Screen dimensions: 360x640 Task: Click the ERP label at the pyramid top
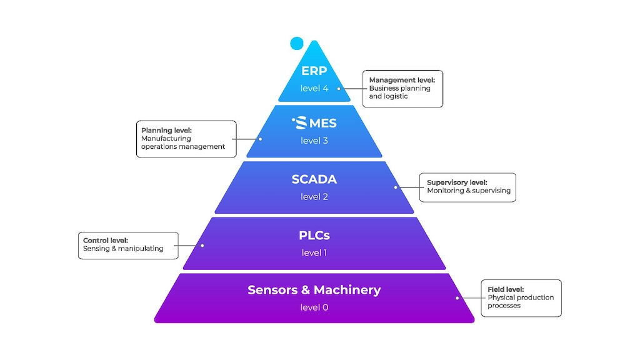pyautogui.click(x=314, y=71)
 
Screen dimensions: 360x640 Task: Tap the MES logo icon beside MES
pyautogui.click(x=300, y=123)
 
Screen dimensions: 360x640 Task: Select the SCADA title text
pyautogui.click(x=314, y=179)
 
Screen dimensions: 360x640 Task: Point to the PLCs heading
pyautogui.click(x=314, y=236)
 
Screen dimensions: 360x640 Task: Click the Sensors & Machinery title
pyautogui.click(x=314, y=290)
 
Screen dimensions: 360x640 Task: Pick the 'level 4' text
pyautogui.click(x=314, y=88)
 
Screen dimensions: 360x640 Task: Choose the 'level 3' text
pyautogui.click(x=314, y=141)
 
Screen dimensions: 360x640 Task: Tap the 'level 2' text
pyautogui.click(x=314, y=197)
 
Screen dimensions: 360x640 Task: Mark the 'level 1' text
pyautogui.click(x=314, y=253)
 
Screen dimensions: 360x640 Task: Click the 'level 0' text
pyautogui.click(x=314, y=307)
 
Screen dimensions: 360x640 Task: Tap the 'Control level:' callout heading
pyautogui.click(x=106, y=240)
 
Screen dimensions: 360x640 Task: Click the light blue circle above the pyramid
pyautogui.click(x=296, y=43)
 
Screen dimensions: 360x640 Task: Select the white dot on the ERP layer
pyautogui.click(x=339, y=88)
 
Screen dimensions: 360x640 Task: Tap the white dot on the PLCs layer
pyautogui.click(x=202, y=245)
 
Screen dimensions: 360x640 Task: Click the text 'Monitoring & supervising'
pyautogui.click(x=469, y=191)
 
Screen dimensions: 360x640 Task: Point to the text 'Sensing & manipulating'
pyautogui.click(x=123, y=248)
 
